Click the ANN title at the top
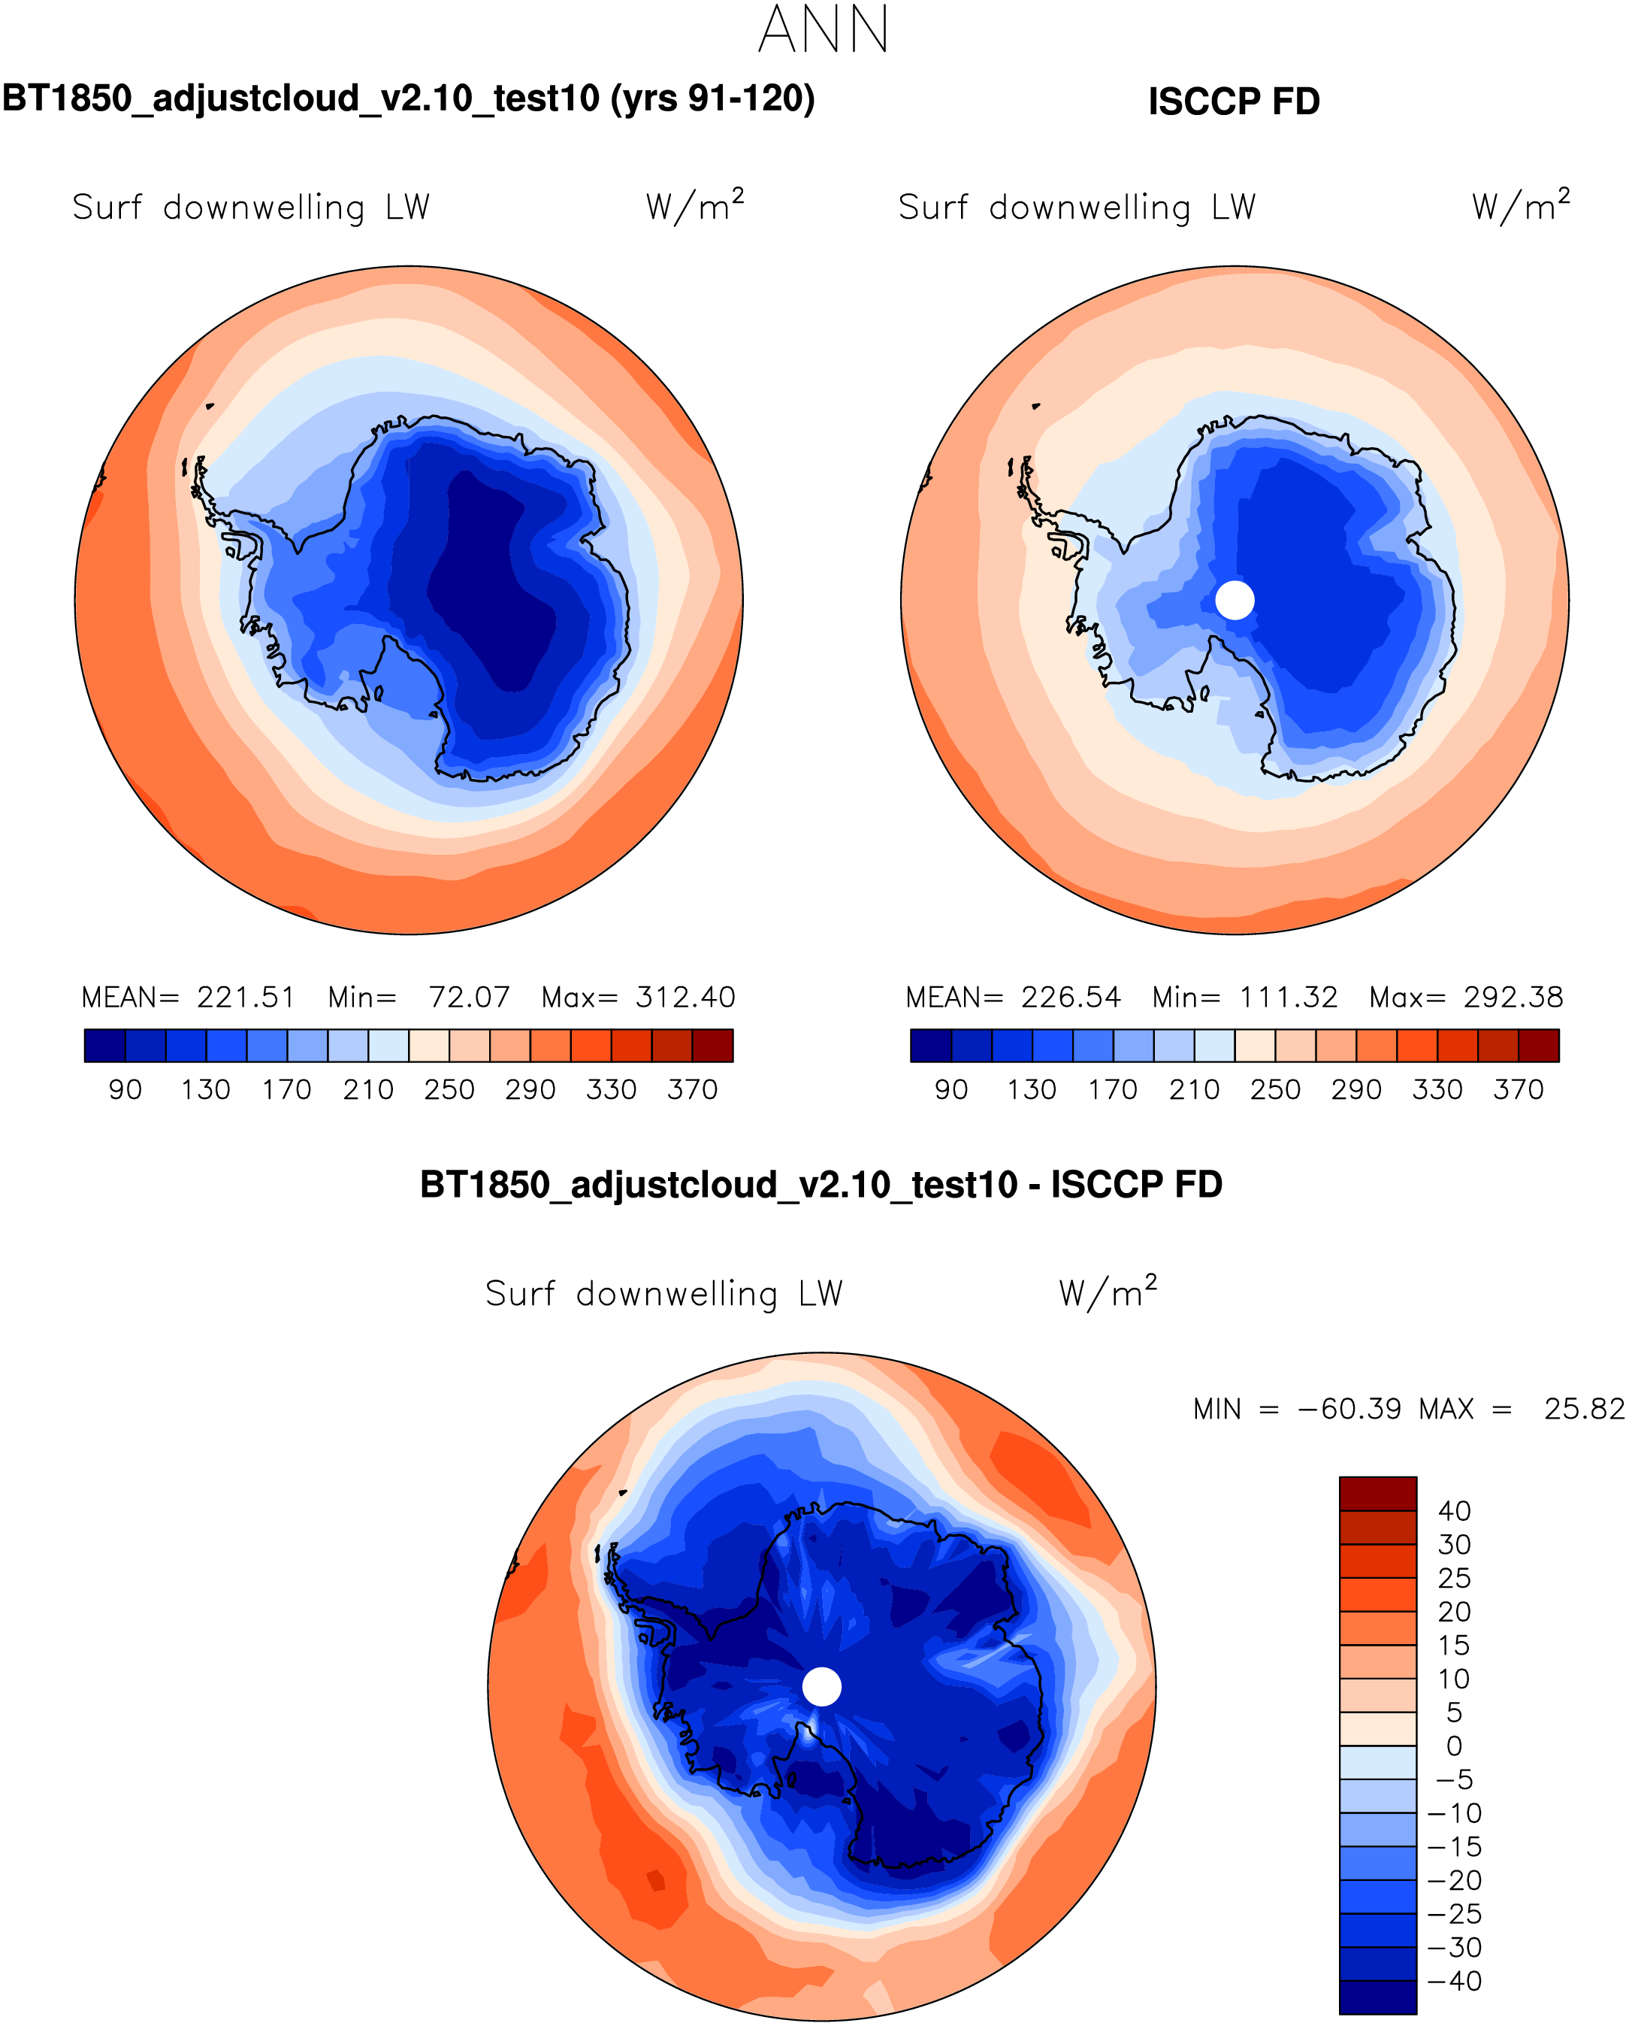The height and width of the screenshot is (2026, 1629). coord(823,30)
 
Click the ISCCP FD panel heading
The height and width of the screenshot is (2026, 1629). coord(1234,101)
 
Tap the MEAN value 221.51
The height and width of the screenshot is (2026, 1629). coord(246,997)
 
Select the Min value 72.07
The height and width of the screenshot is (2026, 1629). coord(469,997)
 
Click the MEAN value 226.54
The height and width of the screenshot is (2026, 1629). coord(1071,997)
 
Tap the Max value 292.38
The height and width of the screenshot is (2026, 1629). coord(1513,997)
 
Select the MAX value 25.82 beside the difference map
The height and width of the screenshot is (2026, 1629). coord(1584,1410)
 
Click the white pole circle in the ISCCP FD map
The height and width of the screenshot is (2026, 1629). coord(1235,600)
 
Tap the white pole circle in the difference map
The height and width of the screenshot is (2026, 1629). coord(822,1687)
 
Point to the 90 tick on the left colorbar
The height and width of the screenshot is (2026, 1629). coord(125,1090)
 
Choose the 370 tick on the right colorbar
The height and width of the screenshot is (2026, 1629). coord(1518,1090)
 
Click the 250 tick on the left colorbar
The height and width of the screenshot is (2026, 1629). coord(449,1090)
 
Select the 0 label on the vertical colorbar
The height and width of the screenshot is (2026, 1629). coord(1454,1746)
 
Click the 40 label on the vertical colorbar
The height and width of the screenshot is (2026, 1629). coord(1454,1511)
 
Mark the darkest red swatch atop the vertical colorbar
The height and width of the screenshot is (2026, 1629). coord(1377,1493)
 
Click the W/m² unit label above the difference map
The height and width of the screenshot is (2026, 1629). coord(1108,1292)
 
